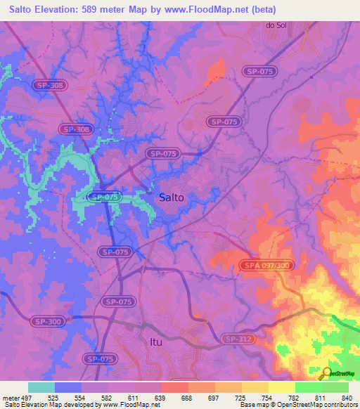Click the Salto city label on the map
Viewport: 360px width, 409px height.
pos(171,197)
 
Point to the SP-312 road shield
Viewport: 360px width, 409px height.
pos(238,339)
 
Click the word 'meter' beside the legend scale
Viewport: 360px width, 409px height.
pos(10,397)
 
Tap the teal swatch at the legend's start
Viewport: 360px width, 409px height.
pos(41,387)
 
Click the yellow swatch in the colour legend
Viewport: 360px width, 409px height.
pos(281,387)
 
